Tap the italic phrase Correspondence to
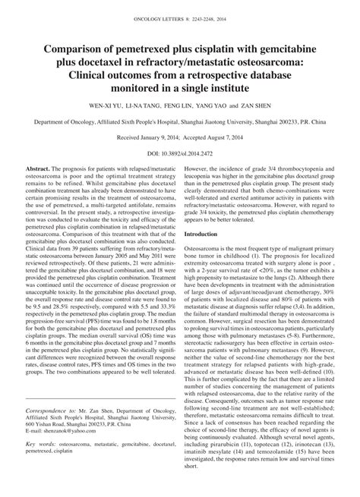(x=52, y=430)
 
